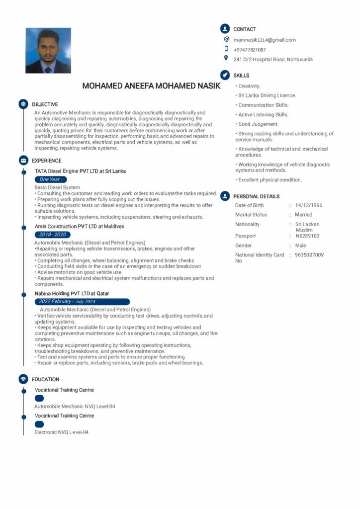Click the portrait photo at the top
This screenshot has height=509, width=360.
[x=48, y=51]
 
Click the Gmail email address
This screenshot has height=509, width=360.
[x=265, y=40]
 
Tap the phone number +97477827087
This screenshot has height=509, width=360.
[x=250, y=50]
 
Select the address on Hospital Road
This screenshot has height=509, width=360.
[x=273, y=60]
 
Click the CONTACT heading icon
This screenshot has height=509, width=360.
[x=225, y=29]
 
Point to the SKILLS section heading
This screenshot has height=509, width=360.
[x=241, y=76]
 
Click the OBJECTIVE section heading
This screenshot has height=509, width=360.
[x=45, y=104]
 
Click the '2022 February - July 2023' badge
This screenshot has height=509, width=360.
[x=82, y=302]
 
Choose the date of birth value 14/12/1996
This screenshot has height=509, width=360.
[x=308, y=205]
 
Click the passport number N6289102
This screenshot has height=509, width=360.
[x=307, y=236]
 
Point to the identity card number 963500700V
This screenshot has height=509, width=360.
[x=309, y=255]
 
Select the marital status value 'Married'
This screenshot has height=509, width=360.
[x=303, y=215]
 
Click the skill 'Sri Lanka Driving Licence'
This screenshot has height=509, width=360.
[x=267, y=95]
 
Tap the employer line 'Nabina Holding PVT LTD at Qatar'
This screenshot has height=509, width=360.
[x=72, y=294]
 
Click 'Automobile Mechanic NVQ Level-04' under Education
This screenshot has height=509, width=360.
[x=75, y=407]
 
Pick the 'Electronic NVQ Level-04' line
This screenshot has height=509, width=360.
[x=61, y=432]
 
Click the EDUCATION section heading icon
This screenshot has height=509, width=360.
[x=23, y=379]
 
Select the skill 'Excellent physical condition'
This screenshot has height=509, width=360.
[x=270, y=180]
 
